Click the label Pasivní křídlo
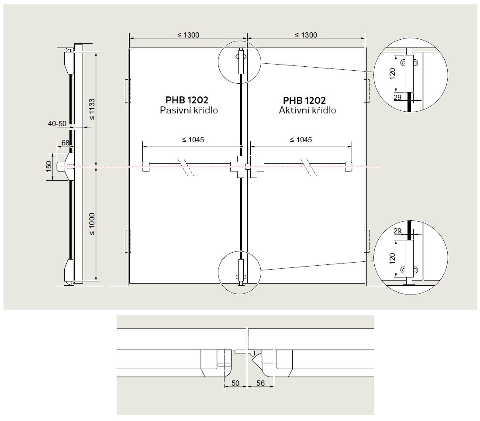coord(189,110)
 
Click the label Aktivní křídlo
coord(307,110)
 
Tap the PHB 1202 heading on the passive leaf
coord(187,100)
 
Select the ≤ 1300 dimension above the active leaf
coord(306,35)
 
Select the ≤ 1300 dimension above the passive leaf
coord(188,35)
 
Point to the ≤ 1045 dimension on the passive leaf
coord(193,140)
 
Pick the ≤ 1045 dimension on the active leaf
coord(300,140)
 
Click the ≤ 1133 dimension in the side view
coord(92,110)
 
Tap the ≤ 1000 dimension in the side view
coord(92,224)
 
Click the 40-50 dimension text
coord(57,123)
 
